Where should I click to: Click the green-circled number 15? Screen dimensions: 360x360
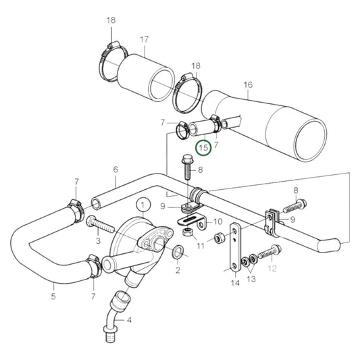203,147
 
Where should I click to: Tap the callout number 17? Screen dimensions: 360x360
144,39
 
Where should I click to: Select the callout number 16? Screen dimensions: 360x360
248,85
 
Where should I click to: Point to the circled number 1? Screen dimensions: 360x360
143,203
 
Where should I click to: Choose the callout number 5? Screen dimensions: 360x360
55,294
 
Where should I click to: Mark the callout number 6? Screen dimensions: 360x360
115,170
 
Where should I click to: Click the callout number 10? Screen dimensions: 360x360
218,221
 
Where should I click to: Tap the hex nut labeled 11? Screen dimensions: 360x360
189,233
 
